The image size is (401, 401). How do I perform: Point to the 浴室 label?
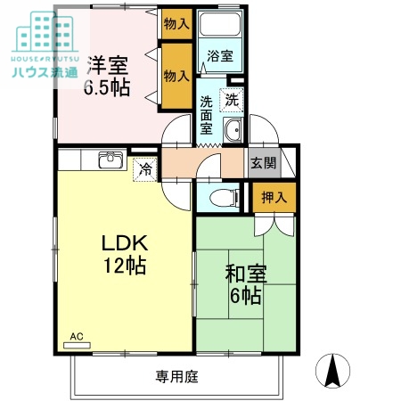[x=219, y=56]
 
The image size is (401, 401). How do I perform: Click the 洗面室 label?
[x=206, y=114]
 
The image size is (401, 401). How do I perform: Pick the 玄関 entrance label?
[x=262, y=163]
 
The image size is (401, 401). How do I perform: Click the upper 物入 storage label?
[x=176, y=24]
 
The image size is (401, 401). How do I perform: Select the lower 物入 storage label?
[x=176, y=77]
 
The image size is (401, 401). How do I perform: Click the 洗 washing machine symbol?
[x=232, y=99]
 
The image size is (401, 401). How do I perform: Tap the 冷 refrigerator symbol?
[x=143, y=168]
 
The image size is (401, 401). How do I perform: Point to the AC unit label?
[x=77, y=336]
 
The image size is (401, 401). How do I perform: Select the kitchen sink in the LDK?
[x=110, y=160]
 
